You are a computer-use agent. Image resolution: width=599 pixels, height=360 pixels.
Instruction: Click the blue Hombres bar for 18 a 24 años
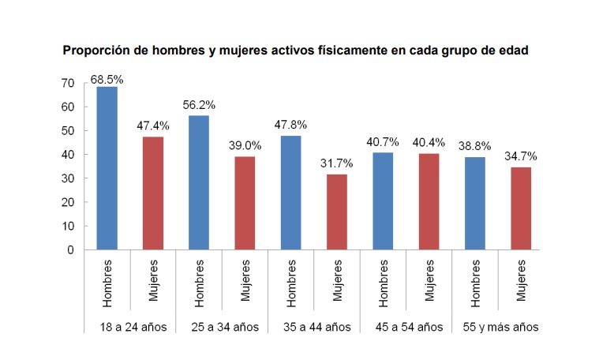tap(107, 168)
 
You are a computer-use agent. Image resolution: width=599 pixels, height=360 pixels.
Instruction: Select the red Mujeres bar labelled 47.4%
tap(152, 193)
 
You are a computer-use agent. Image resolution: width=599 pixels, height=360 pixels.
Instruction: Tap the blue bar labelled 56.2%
tap(199, 182)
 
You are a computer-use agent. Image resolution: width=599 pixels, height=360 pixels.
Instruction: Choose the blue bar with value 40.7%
tap(383, 201)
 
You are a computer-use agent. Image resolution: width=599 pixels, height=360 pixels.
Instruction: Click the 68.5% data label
tap(107, 79)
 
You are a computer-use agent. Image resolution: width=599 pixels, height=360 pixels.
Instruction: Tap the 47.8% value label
tap(291, 125)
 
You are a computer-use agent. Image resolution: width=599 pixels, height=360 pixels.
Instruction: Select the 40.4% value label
tap(429, 143)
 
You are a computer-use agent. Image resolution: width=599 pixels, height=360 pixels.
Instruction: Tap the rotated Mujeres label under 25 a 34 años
tap(245, 280)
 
